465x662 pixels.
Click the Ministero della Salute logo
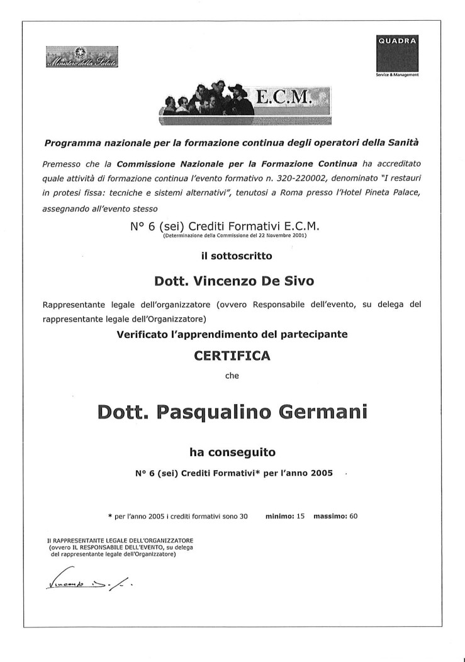point(82,58)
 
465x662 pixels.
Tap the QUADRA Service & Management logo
point(397,55)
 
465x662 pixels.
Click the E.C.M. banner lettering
point(285,96)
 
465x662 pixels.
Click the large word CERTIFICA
point(232,356)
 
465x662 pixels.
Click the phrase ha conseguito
point(232,451)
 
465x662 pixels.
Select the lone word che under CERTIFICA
point(232,376)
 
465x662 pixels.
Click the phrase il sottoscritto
point(232,255)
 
